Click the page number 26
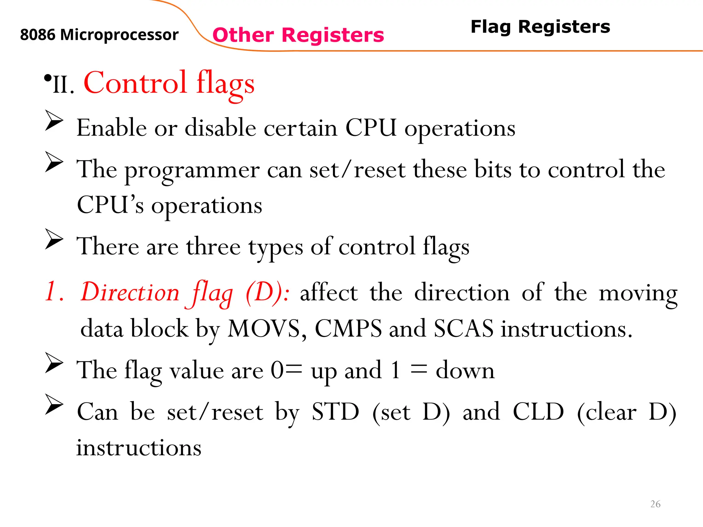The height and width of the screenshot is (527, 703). point(655,504)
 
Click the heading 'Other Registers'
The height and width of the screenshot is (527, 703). point(298,35)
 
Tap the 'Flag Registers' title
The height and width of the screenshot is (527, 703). point(540,27)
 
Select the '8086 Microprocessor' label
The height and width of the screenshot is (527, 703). point(99,35)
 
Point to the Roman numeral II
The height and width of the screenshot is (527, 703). point(63,84)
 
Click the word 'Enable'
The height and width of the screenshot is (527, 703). point(112,128)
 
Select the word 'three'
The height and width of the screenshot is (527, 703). point(213,247)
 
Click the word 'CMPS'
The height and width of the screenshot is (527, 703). point(348,329)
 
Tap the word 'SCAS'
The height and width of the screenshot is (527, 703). point(463,329)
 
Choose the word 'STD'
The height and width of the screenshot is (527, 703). point(335,412)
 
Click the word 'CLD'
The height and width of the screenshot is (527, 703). point(538,412)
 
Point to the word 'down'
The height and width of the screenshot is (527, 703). point(465,371)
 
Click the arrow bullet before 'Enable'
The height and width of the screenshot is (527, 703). point(54,120)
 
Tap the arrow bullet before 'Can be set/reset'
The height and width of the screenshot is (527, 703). point(54,405)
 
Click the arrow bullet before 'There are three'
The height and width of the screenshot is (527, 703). point(54,239)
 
